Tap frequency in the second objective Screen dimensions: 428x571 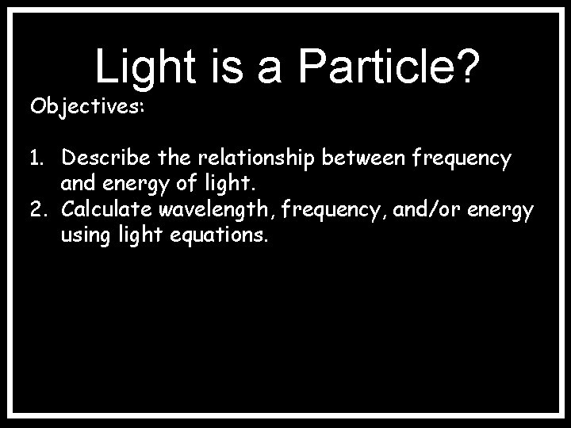coord(320,210)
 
